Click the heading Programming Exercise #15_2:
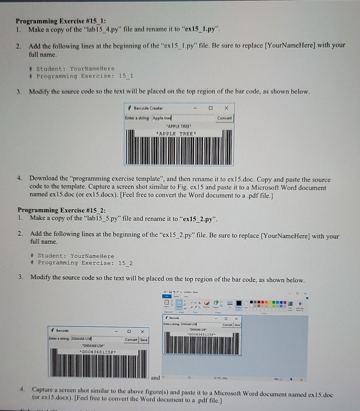(62, 210)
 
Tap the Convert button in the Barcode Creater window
(224, 118)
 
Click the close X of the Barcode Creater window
(226, 108)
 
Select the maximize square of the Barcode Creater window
(210, 108)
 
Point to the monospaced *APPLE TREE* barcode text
(177, 134)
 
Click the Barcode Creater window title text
(148, 108)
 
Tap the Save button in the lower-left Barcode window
(144, 340)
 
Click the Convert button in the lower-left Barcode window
(131, 340)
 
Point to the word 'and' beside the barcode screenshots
(155, 378)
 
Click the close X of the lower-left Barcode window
(142, 331)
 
